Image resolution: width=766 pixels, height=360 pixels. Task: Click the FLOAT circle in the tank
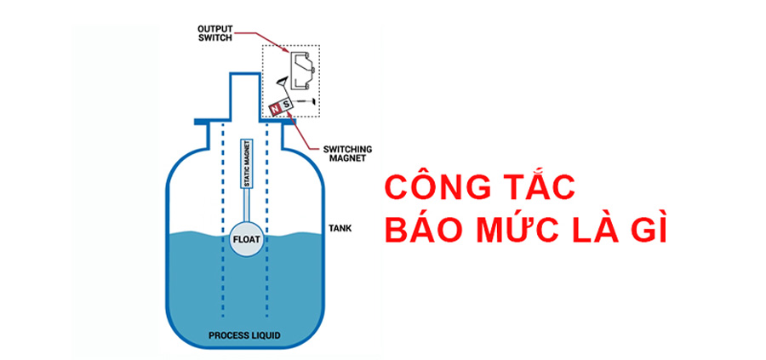[245, 239]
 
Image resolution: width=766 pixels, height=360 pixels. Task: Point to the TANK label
[340, 229]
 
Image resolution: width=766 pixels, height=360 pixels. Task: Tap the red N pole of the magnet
[276, 108]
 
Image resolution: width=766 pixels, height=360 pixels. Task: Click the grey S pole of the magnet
[287, 103]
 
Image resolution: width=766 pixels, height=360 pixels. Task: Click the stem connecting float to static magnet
[246, 208]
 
